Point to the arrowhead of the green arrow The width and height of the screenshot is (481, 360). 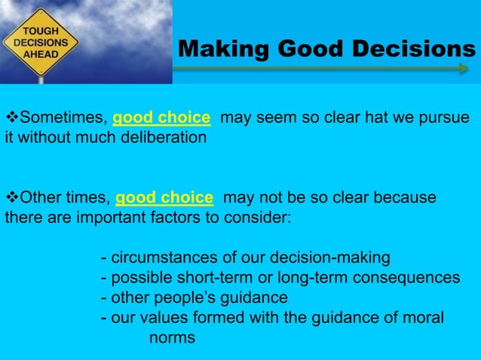462,69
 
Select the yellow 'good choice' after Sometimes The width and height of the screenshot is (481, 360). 161,118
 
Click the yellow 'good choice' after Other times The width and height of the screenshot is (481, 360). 164,198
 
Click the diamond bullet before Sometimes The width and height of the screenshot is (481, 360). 11,118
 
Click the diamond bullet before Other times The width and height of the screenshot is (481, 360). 11,198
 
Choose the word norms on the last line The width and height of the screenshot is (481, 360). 172,337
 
